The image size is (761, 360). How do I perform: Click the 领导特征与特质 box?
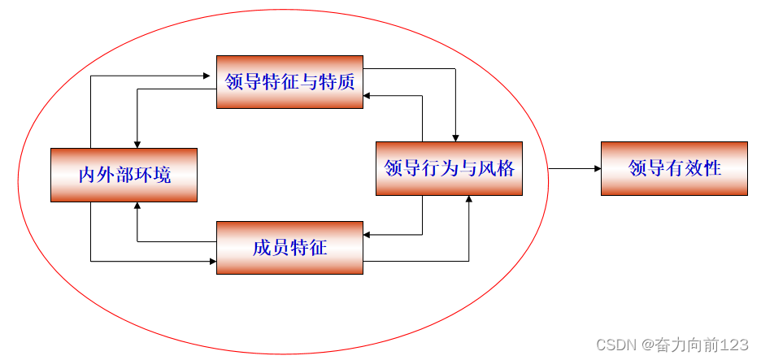coord(289,81)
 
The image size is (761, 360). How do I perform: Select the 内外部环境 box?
coord(124,175)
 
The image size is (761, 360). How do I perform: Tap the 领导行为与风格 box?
coord(449,168)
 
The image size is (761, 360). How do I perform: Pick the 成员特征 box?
coord(289,248)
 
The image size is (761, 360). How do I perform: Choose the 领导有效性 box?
coord(674,168)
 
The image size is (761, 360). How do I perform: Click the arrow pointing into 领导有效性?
coord(574,168)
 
